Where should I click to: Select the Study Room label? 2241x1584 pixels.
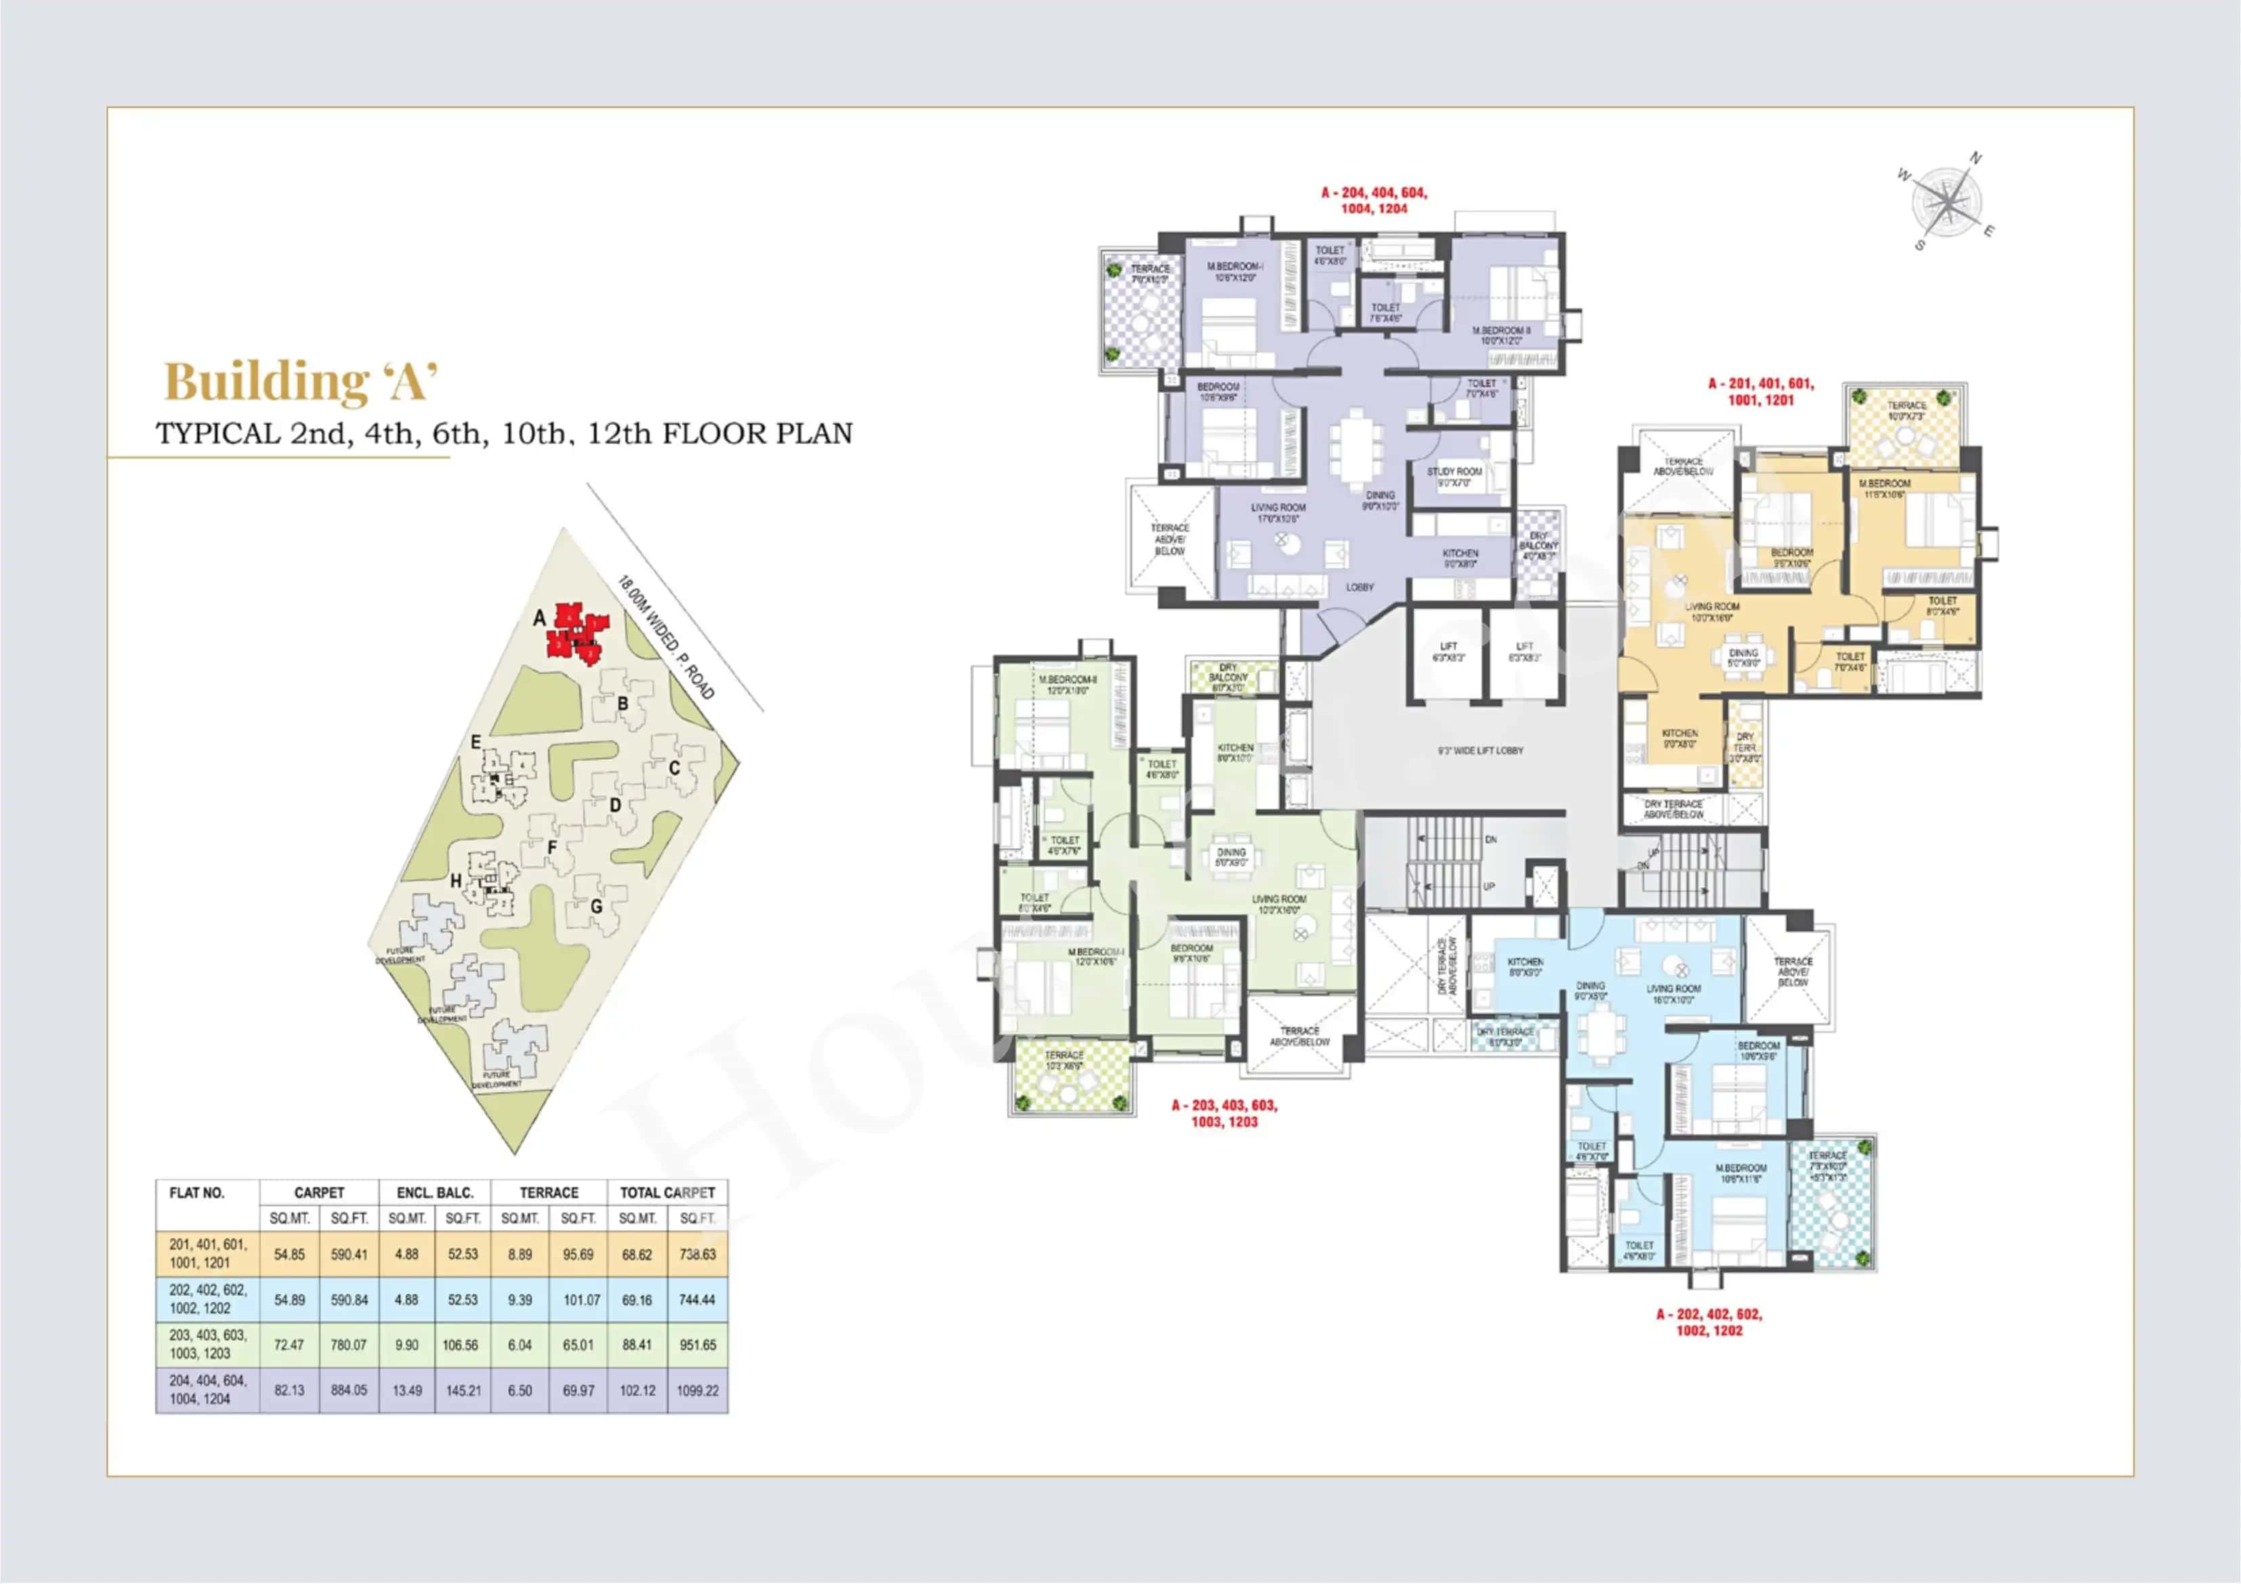coord(1454,476)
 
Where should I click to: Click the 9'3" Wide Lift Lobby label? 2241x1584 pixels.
coord(1480,750)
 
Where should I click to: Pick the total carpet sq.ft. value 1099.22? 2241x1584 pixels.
coord(697,1390)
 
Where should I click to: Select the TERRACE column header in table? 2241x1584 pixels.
coord(549,1193)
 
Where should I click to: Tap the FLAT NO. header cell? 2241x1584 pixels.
coord(197,1193)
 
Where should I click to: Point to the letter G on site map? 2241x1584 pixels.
coord(596,907)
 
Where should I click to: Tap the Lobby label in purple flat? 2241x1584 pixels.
coord(1360,588)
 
